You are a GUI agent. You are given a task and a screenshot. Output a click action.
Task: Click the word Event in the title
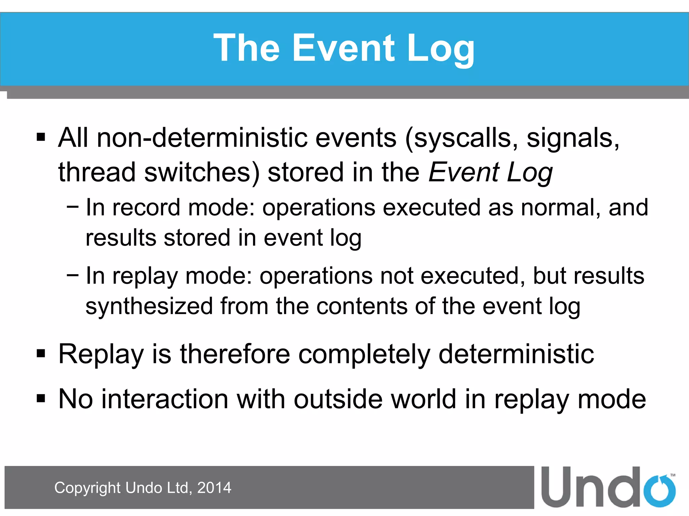coord(343,49)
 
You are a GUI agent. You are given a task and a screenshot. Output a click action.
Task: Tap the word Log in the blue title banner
coord(441,49)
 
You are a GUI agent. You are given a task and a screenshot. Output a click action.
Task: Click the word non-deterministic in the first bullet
coord(202,138)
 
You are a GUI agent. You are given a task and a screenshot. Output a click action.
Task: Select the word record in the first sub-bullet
coord(146,208)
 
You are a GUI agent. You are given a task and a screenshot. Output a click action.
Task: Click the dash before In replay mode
coord(73,275)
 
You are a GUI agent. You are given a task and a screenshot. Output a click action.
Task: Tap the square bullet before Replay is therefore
coord(41,353)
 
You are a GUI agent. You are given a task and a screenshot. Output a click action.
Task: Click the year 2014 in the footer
coord(214,488)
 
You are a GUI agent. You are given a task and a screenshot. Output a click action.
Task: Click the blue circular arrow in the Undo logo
coord(659,490)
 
